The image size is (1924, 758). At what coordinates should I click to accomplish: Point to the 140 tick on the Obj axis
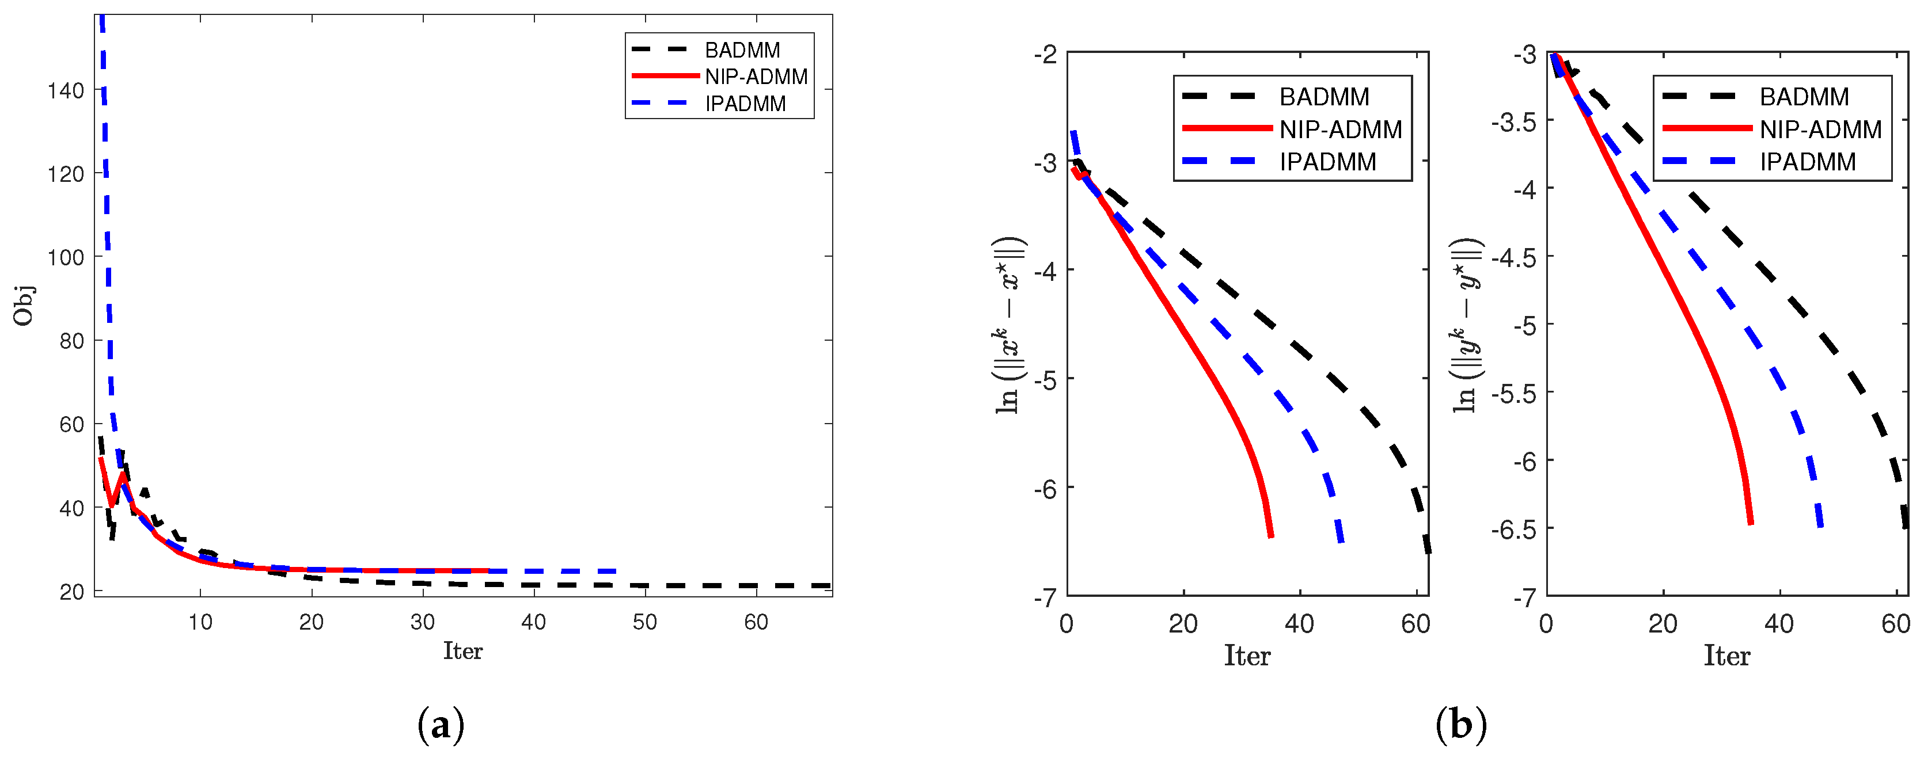coord(66,90)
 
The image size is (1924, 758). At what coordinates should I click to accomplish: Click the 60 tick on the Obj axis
coord(71,424)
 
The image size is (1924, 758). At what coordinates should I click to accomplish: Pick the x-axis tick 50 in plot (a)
coord(644,622)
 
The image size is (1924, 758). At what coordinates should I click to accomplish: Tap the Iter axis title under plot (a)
coord(462,651)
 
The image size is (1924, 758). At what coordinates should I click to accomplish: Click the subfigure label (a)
coord(441,725)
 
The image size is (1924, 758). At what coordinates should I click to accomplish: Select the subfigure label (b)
coord(1460,725)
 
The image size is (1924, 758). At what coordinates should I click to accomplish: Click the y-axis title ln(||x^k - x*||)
coord(1010,326)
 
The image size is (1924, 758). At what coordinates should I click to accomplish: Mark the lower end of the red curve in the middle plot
coord(1270,535)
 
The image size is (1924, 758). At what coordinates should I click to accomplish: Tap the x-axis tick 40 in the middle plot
coord(1300,623)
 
